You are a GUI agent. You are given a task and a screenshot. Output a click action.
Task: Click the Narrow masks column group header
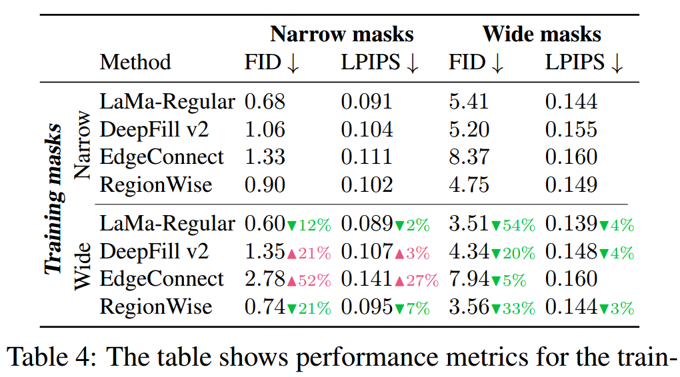pos(341,34)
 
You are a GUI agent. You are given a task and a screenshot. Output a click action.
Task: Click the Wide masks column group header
pos(541,34)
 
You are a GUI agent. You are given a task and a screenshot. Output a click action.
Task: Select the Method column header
pos(135,63)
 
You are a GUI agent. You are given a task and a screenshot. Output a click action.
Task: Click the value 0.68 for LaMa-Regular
pos(265,102)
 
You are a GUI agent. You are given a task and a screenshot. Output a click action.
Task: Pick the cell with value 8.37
pos(469,157)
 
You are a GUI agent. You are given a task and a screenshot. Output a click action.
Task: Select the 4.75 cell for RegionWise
pos(469,184)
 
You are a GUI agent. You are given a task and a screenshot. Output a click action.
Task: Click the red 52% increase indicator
pos(309,280)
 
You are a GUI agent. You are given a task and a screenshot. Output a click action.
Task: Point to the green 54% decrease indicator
pos(513,226)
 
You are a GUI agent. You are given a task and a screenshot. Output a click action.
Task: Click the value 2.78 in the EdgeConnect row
pos(265,279)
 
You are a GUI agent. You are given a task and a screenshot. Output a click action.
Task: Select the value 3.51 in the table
pos(469,224)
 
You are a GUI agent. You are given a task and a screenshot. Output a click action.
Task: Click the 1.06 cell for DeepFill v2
pos(265,129)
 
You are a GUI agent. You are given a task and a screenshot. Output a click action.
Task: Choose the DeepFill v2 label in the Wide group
pos(154,252)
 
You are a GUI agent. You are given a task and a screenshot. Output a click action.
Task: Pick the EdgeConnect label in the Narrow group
pos(162,157)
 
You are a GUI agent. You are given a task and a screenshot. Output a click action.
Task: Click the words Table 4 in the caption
pos(52,358)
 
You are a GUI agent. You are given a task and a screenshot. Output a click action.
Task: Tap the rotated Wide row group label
pos(81,266)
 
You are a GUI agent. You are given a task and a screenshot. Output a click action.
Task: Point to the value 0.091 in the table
pos(367,102)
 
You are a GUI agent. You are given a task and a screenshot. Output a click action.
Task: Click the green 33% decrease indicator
pos(513,308)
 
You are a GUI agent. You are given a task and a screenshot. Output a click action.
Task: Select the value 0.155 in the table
pos(571,129)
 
